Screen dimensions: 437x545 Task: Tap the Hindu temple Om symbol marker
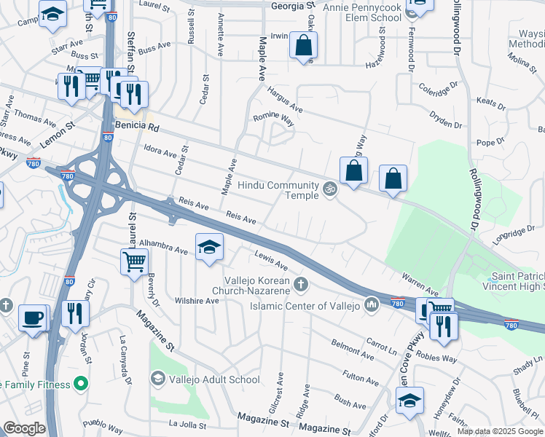[329, 189]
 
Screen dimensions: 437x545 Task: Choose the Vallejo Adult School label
[214, 379]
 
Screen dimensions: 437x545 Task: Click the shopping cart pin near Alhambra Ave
[135, 260]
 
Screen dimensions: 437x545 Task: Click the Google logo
[24, 428]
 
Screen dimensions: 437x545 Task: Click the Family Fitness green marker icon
[80, 382]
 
